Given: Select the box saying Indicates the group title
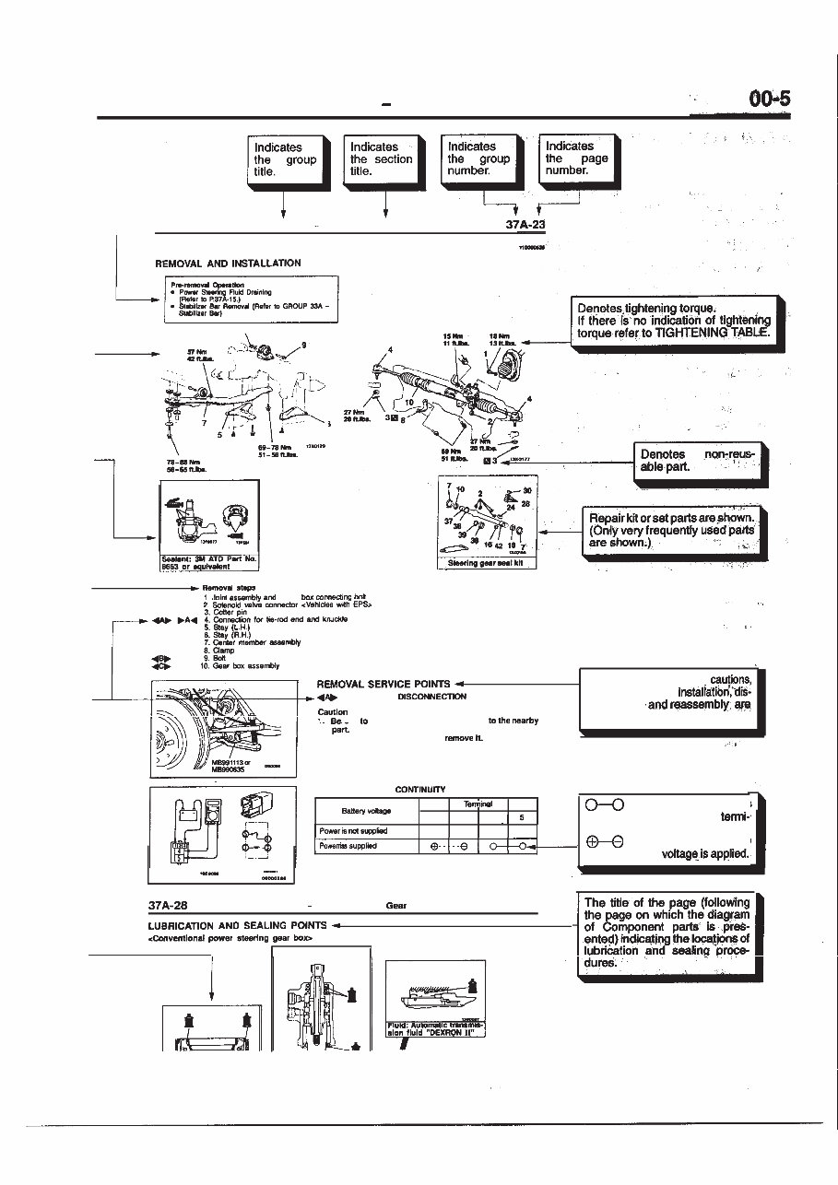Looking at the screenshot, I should tap(286, 160).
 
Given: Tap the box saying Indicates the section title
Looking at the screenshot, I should tap(381, 160).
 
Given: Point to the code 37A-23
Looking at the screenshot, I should tap(525, 224).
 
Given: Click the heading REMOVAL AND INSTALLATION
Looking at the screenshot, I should tap(228, 264).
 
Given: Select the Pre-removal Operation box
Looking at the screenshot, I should tap(252, 299).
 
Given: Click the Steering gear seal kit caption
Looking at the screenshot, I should tap(486, 564).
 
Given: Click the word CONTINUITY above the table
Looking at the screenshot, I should tap(419, 790).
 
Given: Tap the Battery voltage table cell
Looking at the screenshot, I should tap(366, 811).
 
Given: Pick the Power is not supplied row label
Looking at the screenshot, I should tap(353, 831).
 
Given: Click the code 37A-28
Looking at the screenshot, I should tap(168, 906).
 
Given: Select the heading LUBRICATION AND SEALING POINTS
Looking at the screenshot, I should tap(238, 925).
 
